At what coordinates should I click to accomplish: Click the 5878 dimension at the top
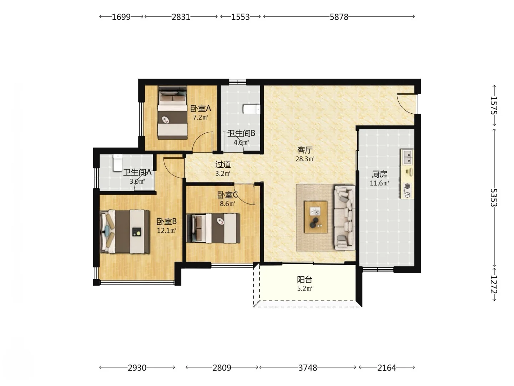pos(339,17)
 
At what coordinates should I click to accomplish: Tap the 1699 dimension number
pos(121,17)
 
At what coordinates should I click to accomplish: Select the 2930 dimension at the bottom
pos(137,368)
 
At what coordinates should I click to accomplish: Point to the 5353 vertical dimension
pos(494,197)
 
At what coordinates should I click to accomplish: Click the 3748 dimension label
pos(307,368)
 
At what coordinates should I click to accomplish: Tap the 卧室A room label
pos(201,109)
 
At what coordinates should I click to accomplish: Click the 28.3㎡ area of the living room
pos(304,159)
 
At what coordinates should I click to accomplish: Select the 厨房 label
pos(379,174)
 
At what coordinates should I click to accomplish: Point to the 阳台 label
pos(304,279)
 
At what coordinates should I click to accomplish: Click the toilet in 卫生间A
pos(117,163)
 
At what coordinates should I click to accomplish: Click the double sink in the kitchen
pos(407,157)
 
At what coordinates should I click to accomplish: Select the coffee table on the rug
pos(316,217)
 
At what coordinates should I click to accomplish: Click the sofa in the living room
pos(344,218)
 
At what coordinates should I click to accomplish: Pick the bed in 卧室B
pos(125,232)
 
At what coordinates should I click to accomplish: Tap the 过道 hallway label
pos(223,164)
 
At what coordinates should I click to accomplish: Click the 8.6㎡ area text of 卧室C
pos(227,204)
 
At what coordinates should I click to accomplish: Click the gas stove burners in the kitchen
pos(408,190)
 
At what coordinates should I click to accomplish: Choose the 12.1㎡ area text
pos(166,231)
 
